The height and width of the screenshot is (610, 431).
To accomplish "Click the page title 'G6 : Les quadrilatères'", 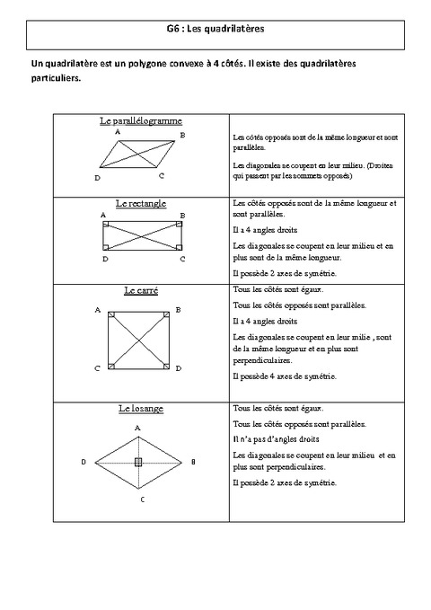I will (x=215, y=29).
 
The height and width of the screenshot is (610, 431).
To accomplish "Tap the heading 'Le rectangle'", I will (x=141, y=204).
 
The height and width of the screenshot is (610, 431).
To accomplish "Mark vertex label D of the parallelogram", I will (x=97, y=178).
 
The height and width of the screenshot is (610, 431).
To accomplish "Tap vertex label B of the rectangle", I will (x=182, y=216).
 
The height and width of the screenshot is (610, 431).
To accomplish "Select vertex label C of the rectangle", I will (x=182, y=259).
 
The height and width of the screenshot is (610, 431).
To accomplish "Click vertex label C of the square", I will (x=97, y=368).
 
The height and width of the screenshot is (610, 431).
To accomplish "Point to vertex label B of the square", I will (x=178, y=310).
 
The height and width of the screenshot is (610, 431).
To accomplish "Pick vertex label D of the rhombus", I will (x=83, y=462).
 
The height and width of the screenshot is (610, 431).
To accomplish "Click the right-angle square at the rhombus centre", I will (x=137, y=462).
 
